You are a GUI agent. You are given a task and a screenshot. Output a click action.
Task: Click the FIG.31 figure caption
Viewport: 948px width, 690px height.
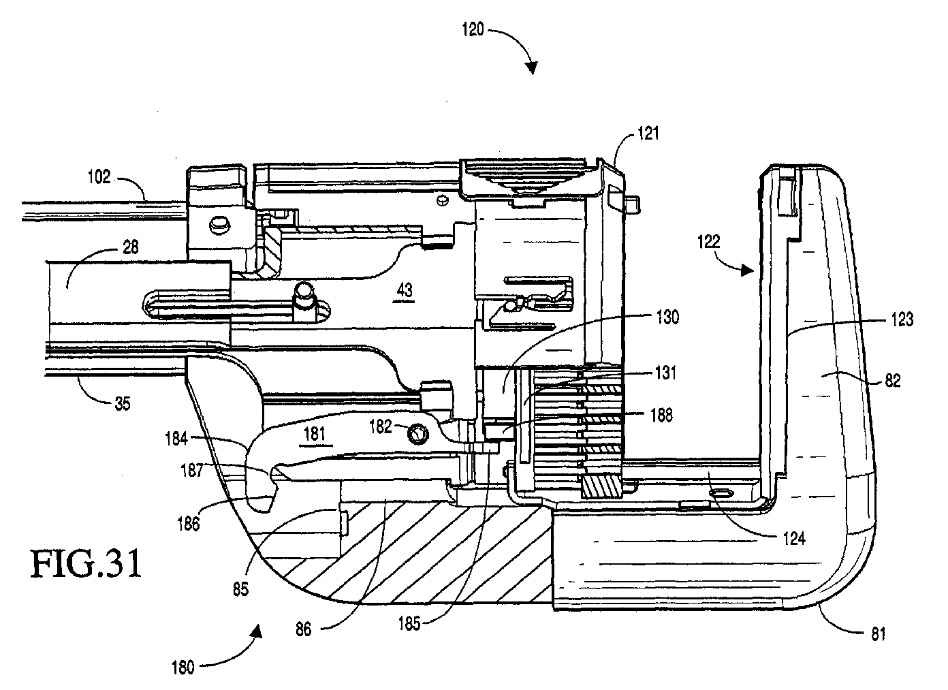coord(86,564)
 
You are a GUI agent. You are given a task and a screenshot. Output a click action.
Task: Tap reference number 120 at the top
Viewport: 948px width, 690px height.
coord(473,30)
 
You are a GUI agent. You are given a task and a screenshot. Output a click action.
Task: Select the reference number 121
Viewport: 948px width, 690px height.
coord(648,134)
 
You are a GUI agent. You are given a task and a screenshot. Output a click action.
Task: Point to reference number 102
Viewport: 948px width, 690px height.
coord(99,176)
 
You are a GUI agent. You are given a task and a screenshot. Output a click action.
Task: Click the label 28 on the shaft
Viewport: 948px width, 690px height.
coord(130,247)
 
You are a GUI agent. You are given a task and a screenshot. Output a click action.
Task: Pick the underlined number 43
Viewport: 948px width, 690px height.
coord(405,291)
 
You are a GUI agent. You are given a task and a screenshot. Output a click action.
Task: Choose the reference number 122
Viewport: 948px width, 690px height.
coord(708,242)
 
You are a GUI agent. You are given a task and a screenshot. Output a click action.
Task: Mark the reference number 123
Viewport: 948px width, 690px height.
coord(902,319)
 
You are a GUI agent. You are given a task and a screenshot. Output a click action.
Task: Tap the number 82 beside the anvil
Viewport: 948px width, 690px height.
coord(893,381)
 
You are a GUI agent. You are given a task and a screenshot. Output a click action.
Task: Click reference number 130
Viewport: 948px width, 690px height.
coord(667,317)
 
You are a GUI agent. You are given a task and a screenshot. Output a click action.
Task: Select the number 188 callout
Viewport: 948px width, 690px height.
coord(661,415)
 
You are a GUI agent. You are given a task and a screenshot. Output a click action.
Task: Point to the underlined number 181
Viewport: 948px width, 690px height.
coord(315,435)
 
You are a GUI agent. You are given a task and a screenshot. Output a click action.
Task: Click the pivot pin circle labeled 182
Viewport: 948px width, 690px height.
coord(419,433)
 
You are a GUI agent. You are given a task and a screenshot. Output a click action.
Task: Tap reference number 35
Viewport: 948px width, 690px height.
coord(123,404)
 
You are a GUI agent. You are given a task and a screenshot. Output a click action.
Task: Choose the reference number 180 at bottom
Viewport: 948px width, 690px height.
coord(183,668)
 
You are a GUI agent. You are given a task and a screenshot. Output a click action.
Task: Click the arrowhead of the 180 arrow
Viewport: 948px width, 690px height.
coord(257,631)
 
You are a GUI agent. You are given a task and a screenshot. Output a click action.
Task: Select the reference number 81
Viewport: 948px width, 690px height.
coord(878,634)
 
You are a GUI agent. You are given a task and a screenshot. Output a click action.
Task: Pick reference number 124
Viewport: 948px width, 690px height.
coord(794,539)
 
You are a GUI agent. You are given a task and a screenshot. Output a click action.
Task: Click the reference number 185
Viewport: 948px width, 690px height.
coord(409,623)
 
